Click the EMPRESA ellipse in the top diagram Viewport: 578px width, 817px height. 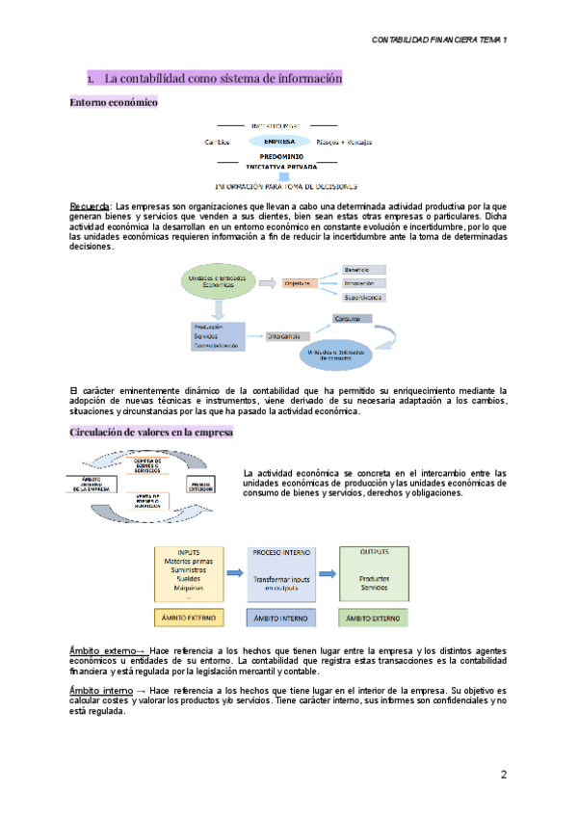point(273,142)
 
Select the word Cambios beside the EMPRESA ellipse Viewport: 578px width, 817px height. point(218,143)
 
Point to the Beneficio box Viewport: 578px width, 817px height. point(364,269)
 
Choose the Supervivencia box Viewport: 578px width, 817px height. point(364,299)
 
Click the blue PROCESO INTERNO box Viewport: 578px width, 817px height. point(281,572)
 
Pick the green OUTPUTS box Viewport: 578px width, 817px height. point(374,572)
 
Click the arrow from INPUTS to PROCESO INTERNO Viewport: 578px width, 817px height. point(234,572)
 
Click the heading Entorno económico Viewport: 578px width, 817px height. point(114,102)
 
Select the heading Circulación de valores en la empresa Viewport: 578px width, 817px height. point(151,433)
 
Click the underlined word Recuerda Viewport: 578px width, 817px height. point(90,206)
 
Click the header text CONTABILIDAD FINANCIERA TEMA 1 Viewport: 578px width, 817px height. point(439,40)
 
